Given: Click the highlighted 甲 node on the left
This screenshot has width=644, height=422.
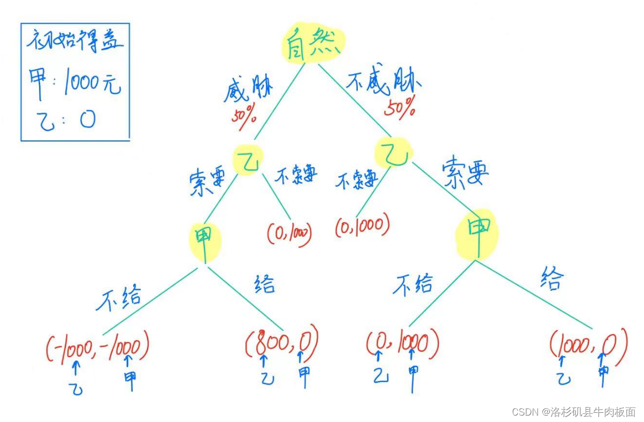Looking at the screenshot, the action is [x=204, y=241].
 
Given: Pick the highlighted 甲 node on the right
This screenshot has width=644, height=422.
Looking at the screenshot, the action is [x=477, y=234].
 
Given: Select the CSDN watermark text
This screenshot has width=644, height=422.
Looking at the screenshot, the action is [x=573, y=411].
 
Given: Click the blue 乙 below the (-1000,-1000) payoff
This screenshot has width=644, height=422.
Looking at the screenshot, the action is [x=76, y=387].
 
